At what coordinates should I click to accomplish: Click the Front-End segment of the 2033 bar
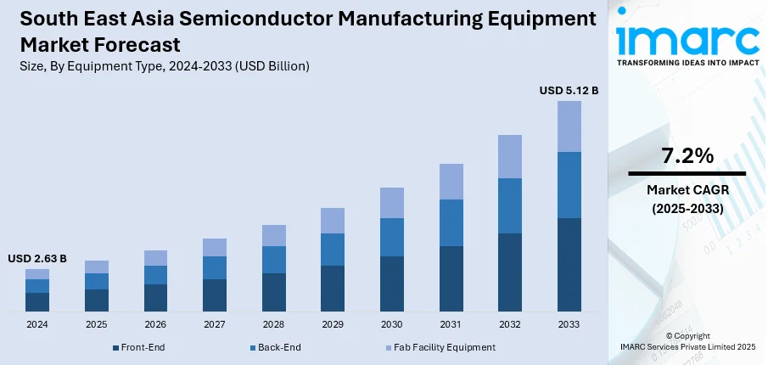569,264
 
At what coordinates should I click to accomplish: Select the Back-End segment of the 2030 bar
391,237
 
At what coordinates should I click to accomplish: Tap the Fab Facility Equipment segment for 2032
509,156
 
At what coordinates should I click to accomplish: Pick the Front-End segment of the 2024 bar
37,302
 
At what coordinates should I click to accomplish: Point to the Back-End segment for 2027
215,267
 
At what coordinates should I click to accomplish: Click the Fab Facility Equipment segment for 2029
333,221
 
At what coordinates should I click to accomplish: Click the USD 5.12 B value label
569,90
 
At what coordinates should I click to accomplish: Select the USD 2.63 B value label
37,258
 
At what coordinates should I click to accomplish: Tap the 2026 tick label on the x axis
155,325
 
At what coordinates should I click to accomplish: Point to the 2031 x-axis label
451,325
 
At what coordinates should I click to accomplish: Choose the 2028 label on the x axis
273,325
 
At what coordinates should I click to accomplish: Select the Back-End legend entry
278,347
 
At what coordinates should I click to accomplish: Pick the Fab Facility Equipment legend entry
442,347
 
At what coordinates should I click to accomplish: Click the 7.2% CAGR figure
687,155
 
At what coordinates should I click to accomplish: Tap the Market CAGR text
687,189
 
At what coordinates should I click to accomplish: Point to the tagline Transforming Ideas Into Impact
687,63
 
